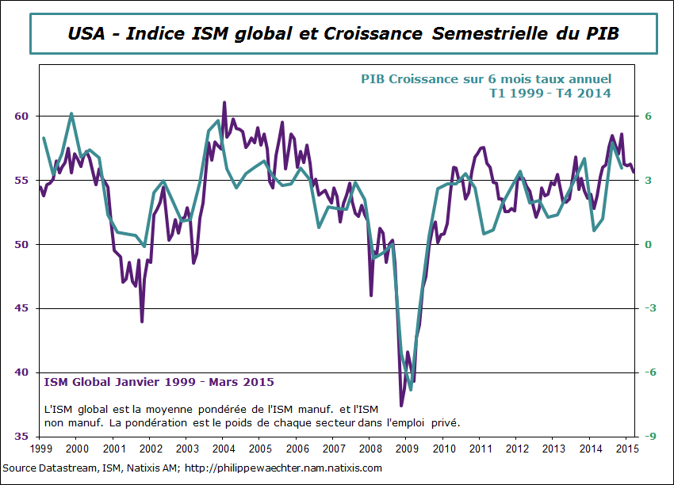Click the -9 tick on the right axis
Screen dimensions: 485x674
[x=648, y=437]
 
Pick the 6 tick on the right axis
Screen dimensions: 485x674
[x=647, y=116]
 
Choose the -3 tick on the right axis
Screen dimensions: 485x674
[x=648, y=308]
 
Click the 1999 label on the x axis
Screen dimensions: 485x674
[x=40, y=449]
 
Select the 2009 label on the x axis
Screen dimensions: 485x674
[x=406, y=449]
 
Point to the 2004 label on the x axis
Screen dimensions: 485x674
[x=223, y=449]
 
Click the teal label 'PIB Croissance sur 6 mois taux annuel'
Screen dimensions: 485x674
[x=486, y=79]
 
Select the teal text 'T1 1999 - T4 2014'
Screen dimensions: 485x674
[x=550, y=93]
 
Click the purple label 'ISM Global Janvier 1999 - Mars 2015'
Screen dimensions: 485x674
[x=159, y=382]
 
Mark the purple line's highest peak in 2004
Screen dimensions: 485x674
[x=224, y=102]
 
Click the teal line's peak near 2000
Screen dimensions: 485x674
[x=71, y=113]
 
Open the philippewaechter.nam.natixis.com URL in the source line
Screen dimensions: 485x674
[x=283, y=468]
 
